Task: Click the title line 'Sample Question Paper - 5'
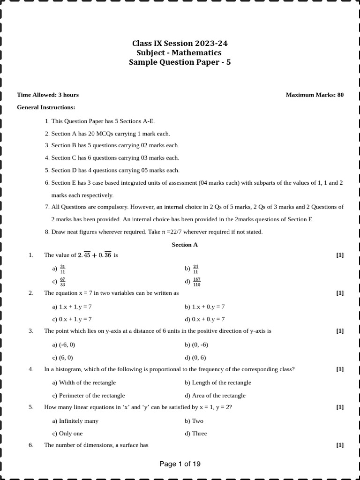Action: [180, 62]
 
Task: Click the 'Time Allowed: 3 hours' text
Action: [48, 95]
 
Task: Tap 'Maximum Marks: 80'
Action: [315, 95]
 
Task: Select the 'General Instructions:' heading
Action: [46, 107]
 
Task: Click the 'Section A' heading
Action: [185, 245]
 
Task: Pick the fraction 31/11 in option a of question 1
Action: [62, 269]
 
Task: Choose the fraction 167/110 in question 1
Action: [196, 282]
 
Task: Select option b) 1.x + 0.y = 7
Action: [205, 307]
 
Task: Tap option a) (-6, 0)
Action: [64, 345]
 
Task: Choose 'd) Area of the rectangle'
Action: [215, 395]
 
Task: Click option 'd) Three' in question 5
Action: [196, 434]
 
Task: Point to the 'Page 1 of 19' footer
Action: [180, 464]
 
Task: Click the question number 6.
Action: [31, 445]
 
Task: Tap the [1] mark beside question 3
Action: [340, 331]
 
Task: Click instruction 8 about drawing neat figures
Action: [154, 232]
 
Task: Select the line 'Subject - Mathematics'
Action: [179, 53]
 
